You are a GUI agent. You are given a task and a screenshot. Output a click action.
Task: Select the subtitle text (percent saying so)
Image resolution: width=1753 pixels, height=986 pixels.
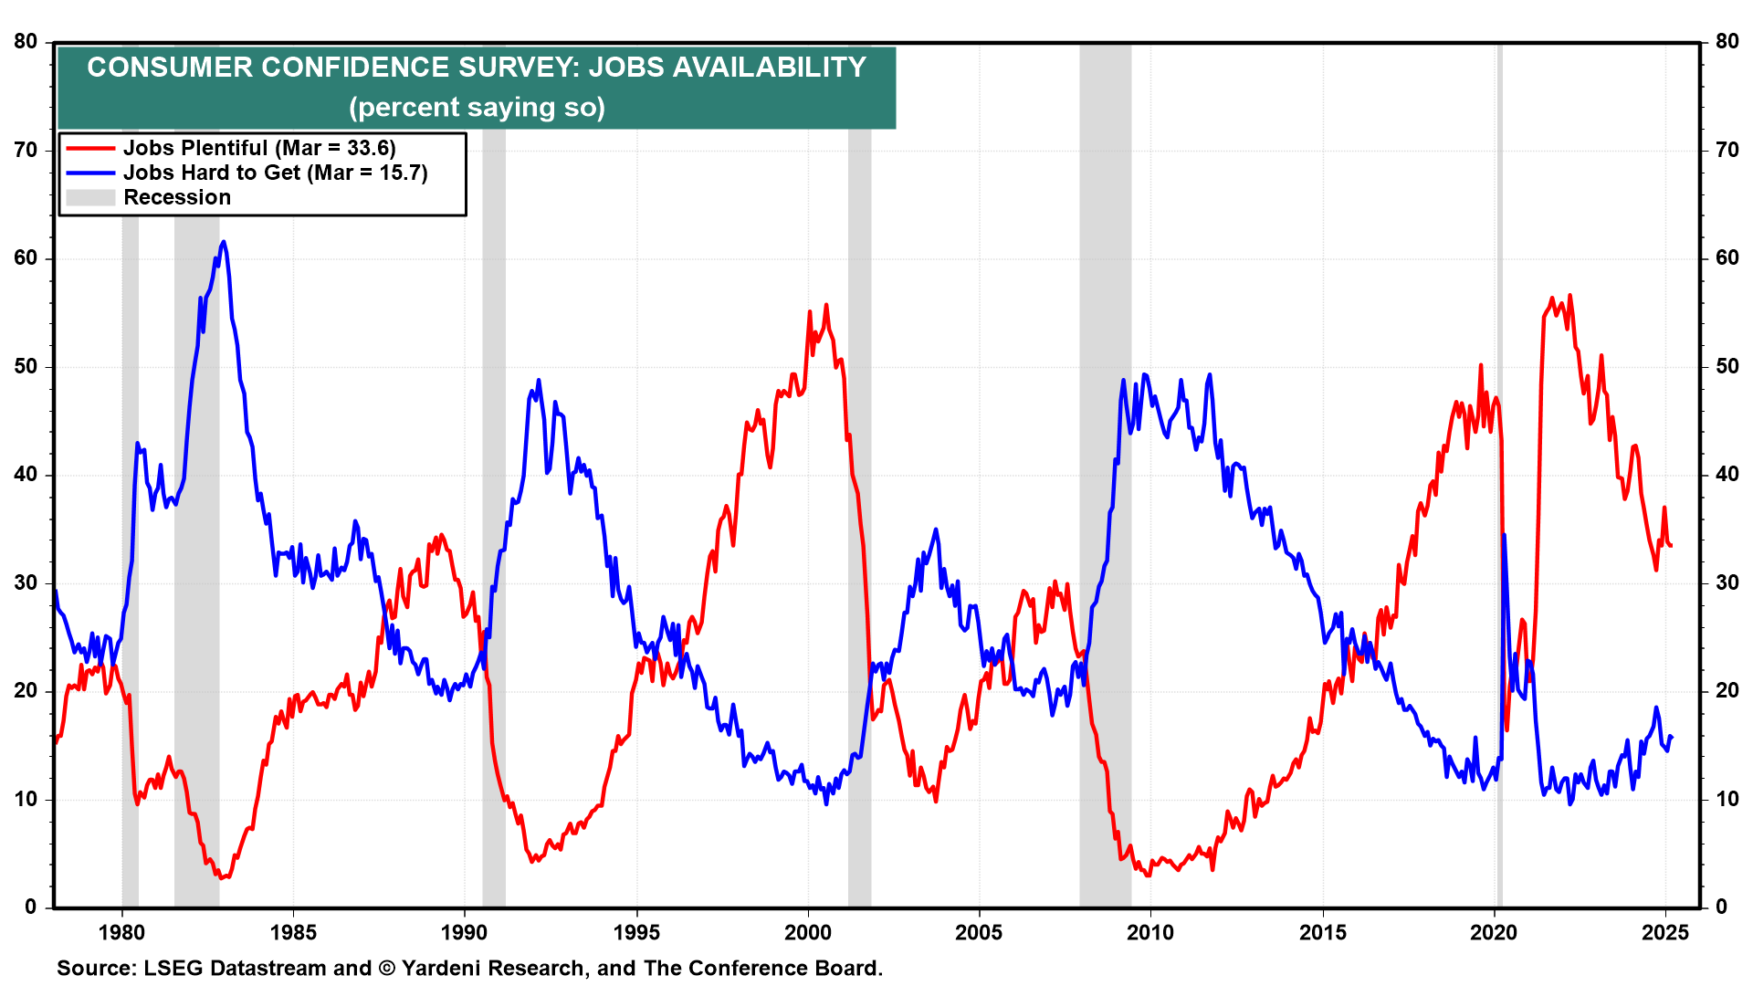tap(477, 108)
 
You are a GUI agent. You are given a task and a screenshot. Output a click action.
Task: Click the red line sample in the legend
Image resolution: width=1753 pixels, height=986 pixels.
tap(90, 148)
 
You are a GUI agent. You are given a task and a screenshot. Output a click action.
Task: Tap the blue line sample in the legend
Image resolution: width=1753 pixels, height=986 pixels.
tap(90, 173)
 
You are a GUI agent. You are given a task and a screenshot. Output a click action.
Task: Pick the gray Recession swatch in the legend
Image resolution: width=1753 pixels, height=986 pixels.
tap(90, 197)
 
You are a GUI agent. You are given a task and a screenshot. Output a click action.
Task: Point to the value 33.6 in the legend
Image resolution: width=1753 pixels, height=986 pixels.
tap(368, 148)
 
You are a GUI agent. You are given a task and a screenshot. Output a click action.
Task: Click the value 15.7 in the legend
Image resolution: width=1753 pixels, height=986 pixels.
tap(401, 173)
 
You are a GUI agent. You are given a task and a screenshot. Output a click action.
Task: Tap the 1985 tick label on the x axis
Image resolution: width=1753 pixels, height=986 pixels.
tap(293, 933)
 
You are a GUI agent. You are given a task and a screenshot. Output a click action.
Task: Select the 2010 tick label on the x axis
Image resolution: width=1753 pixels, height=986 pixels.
tap(1150, 933)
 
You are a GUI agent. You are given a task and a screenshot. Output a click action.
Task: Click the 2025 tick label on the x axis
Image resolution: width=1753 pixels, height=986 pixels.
tap(1665, 933)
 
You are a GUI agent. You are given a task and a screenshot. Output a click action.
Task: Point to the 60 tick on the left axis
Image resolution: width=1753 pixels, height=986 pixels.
tap(26, 258)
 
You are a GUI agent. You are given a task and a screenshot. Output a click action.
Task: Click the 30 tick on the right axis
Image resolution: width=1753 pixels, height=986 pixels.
tap(1727, 582)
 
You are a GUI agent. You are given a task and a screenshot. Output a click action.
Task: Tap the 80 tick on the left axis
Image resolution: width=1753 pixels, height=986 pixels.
tap(26, 42)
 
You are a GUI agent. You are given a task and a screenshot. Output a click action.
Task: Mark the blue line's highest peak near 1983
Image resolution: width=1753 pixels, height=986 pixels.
tap(224, 243)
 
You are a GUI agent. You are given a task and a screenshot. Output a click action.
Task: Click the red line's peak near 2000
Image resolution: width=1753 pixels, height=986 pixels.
tap(826, 306)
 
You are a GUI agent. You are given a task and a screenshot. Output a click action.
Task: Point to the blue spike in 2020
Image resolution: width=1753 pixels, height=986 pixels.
tap(1504, 536)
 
